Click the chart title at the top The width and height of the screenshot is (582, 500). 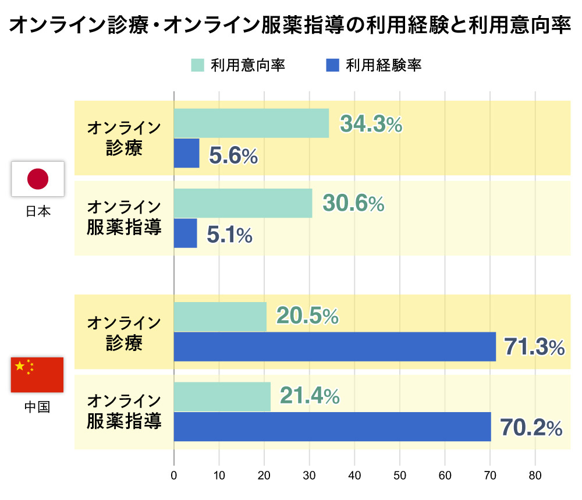[x=290, y=26]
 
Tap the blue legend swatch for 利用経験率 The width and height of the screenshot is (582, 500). [x=332, y=65]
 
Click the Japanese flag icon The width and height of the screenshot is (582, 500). [x=38, y=179]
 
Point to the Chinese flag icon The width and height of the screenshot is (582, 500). [x=37, y=375]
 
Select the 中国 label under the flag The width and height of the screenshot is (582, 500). [x=37, y=407]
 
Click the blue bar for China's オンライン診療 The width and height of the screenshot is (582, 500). [x=335, y=346]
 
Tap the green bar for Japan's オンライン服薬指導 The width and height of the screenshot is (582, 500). [x=243, y=203]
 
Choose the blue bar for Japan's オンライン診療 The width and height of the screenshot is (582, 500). [x=186, y=153]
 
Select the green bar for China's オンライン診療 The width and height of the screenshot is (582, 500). [x=220, y=317]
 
